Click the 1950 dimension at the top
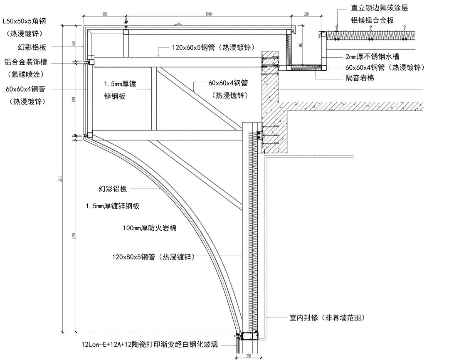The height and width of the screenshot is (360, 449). tap(209, 14)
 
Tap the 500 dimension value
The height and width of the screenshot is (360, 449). tap(104, 14)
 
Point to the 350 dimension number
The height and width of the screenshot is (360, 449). tap(306, 14)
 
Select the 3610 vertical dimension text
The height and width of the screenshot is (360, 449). tap(61, 179)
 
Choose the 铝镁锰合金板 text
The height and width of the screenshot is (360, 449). tap(371, 20)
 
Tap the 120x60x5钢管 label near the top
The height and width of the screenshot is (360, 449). tap(213, 47)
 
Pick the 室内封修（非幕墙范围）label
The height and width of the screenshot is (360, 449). tap(327, 318)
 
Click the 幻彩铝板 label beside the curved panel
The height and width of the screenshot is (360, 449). tap(113, 189)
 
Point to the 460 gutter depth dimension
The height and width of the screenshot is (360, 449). tap(301, 45)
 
